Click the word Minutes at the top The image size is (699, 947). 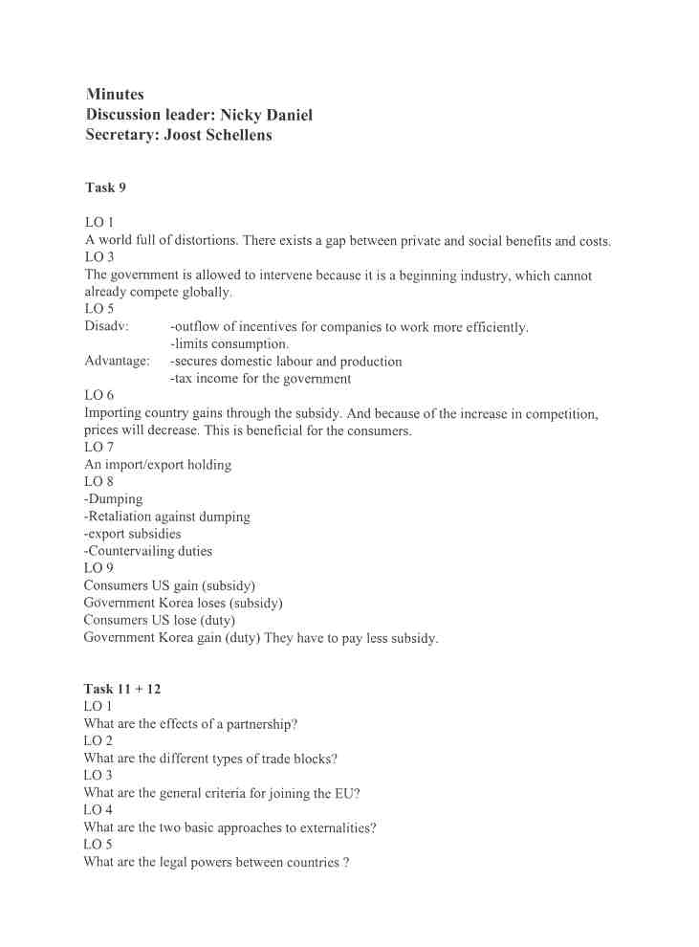115,94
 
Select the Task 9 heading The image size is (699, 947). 105,187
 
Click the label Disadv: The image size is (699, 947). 106,327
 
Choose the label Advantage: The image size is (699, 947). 117,362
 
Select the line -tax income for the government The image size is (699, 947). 260,379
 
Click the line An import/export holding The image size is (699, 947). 158,465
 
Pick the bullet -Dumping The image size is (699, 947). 113,499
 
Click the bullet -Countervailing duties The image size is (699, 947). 148,551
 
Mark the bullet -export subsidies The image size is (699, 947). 132,534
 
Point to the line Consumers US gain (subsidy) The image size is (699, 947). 169,585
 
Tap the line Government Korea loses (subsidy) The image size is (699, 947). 183,603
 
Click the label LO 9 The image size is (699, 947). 98,568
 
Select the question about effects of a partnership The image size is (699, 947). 190,724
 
